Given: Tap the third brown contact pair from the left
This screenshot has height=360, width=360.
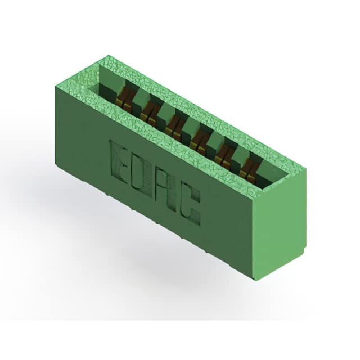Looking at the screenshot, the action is click(x=174, y=125).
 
